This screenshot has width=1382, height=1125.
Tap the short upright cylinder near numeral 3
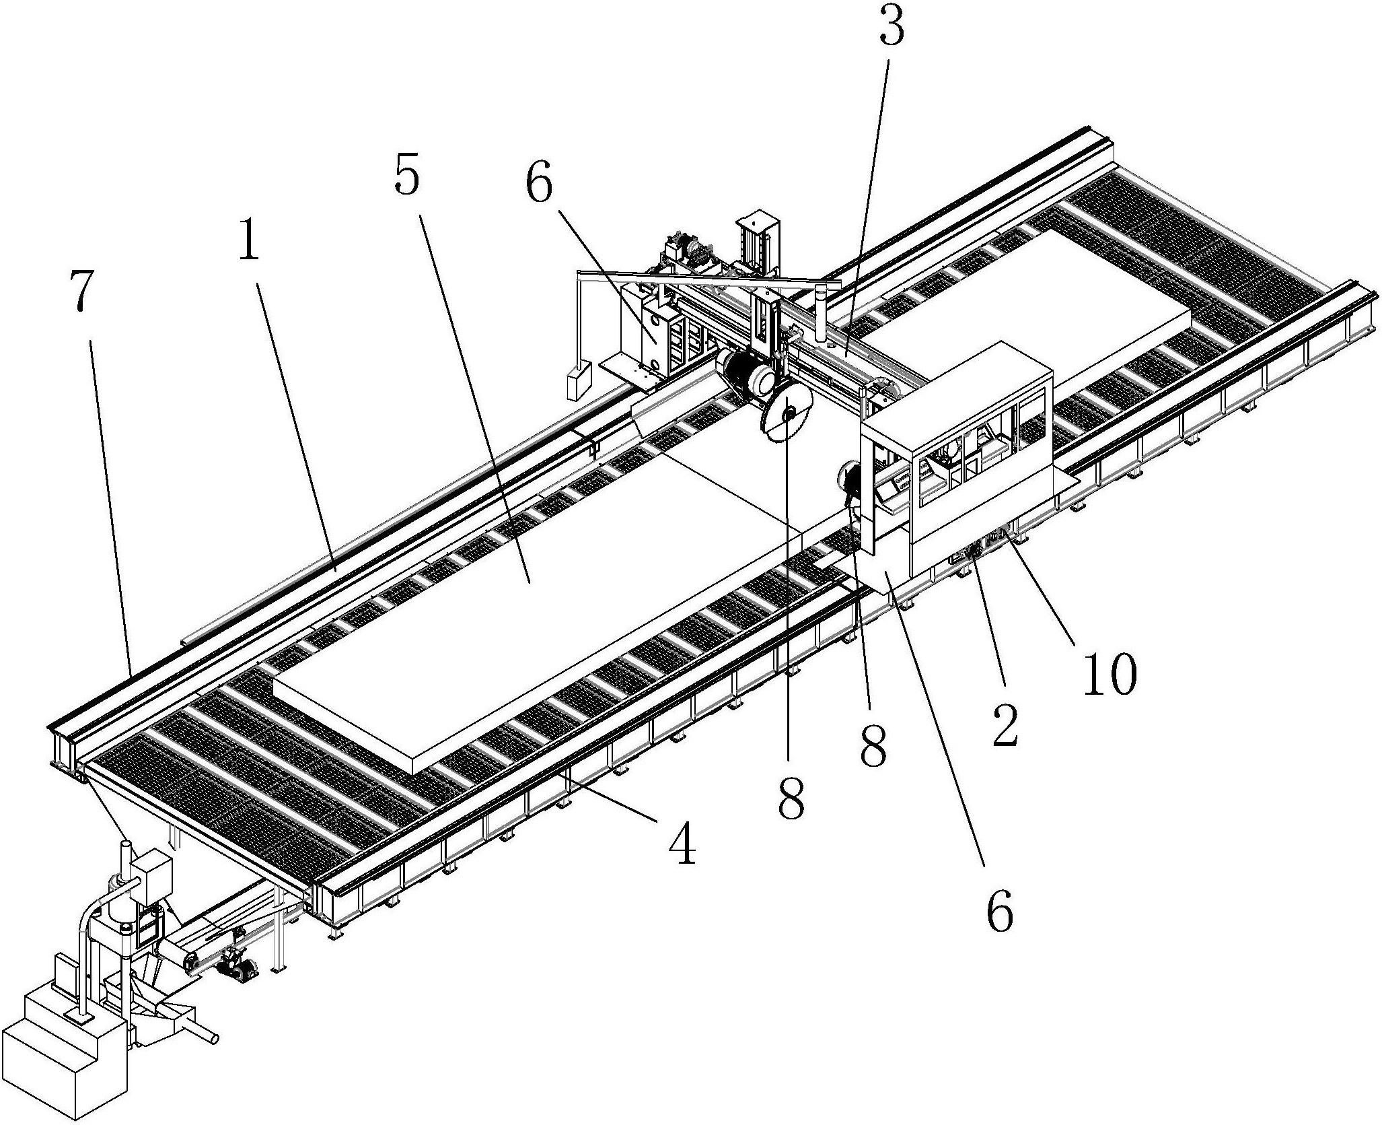820,312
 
